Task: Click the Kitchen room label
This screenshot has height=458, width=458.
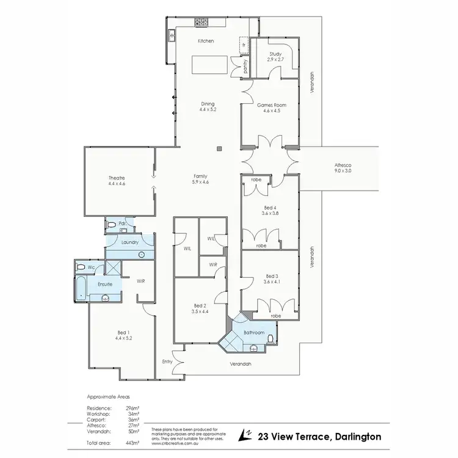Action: point(205,41)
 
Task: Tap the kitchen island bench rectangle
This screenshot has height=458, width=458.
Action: point(208,64)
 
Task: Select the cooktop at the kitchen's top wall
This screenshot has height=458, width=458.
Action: point(202,22)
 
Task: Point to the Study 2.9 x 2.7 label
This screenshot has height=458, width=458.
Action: point(275,57)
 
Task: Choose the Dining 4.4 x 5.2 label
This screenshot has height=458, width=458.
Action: point(208,106)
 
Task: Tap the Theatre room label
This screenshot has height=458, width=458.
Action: point(116,181)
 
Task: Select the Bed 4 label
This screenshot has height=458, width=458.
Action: point(266,210)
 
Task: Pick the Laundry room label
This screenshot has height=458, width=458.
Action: point(129,242)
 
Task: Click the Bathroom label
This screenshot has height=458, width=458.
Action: point(254,333)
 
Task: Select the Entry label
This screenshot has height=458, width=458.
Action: point(167,362)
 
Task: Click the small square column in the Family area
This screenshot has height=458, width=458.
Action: point(218,148)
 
